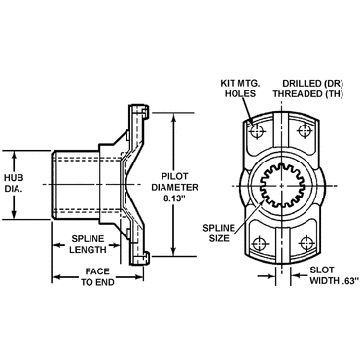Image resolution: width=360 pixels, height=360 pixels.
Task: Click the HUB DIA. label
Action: tap(14, 183)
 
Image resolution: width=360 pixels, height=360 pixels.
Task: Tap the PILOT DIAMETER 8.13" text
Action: tap(175, 187)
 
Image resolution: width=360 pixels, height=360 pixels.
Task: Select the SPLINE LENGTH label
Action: tap(89, 244)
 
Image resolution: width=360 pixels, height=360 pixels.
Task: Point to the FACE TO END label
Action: tap(97, 276)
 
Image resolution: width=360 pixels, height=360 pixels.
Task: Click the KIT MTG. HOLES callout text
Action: tap(240, 89)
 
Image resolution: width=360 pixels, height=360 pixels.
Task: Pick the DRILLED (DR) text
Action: tap(313, 83)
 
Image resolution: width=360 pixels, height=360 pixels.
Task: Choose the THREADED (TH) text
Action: tap(308, 93)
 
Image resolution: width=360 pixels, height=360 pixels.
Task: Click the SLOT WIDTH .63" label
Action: tap(335, 275)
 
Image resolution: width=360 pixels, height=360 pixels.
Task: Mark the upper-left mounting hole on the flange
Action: tap(257, 131)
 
